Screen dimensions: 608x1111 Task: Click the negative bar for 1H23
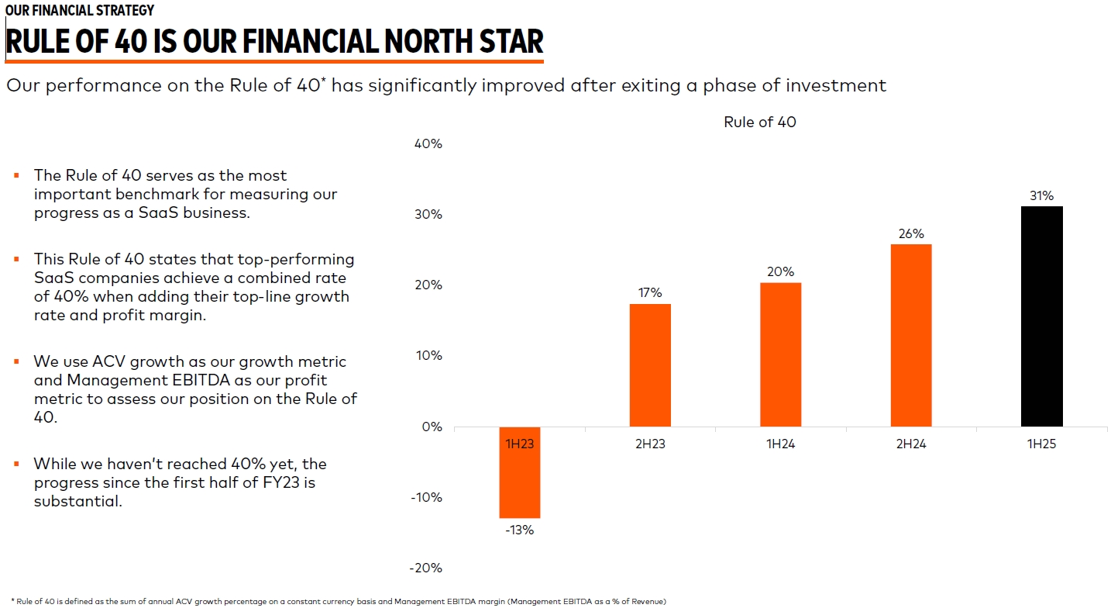coord(519,472)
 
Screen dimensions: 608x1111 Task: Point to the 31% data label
coord(1041,196)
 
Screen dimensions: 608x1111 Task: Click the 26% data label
coord(911,233)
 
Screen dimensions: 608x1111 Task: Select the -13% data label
coord(519,530)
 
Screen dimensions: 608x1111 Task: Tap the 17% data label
coord(650,292)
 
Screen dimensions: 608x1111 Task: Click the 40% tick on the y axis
coord(427,143)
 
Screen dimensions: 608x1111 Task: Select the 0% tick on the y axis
coord(431,427)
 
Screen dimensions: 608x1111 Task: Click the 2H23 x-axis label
coord(650,444)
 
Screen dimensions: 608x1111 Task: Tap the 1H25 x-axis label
coord(1041,444)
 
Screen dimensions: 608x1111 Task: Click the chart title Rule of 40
coord(759,122)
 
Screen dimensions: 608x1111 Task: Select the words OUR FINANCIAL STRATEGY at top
coord(79,10)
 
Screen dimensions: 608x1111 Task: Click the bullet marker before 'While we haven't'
coord(16,464)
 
